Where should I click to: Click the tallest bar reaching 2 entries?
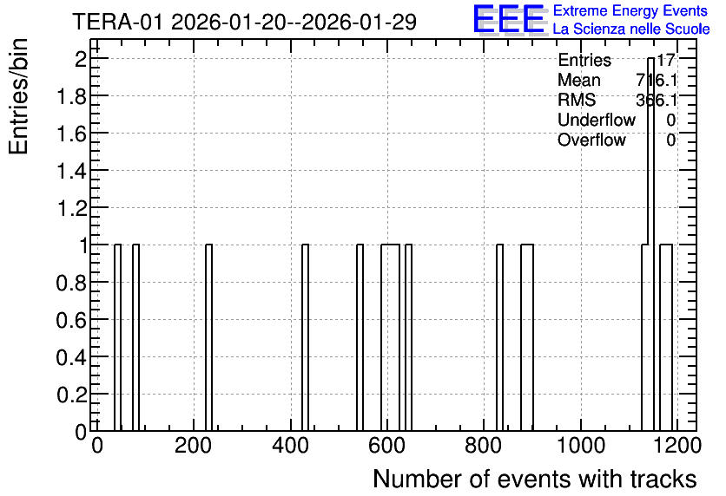(650, 244)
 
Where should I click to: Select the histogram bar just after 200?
(208, 337)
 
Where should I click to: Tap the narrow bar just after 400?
(305, 337)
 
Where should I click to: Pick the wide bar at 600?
(390, 337)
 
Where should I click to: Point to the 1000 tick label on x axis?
(581, 446)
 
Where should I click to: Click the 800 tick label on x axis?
(484, 446)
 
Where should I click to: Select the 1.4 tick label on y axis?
(72, 171)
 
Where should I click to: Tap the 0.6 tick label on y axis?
(72, 320)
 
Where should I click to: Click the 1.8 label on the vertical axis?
(72, 96)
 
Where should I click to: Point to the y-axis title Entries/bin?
(19, 96)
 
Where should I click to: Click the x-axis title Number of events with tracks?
(535, 479)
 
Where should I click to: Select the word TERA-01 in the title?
(118, 22)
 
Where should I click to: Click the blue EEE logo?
(509, 19)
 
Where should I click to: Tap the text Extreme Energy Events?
(630, 10)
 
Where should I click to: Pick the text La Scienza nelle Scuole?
(631, 29)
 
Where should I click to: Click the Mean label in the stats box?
(578, 80)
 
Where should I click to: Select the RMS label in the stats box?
(577, 100)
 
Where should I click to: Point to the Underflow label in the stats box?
(597, 120)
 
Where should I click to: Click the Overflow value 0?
(671, 140)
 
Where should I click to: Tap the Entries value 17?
(666, 60)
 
